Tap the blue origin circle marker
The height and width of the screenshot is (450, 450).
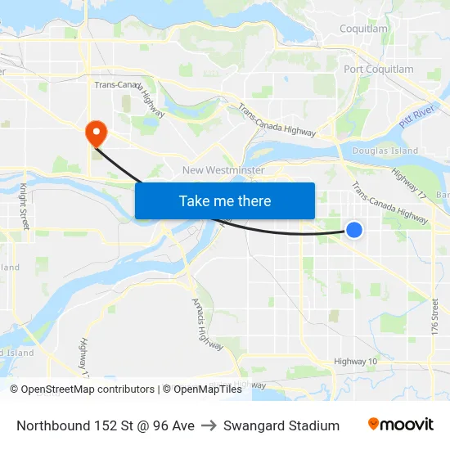point(354,230)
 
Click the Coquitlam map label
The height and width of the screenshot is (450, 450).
point(363,29)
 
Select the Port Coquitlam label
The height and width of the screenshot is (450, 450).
point(379,70)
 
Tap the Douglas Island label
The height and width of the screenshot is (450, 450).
point(385,151)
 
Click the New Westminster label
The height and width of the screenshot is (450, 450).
point(223,170)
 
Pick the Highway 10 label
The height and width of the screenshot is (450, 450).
point(355,362)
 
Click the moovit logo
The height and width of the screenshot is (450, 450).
point(401,425)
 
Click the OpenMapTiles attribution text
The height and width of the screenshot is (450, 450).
point(202,389)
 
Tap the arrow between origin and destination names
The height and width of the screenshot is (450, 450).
point(209,425)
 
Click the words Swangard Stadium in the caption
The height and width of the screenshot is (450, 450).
point(281,425)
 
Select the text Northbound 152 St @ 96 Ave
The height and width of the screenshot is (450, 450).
point(106,425)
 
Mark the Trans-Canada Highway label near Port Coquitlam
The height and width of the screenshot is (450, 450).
point(277,119)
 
